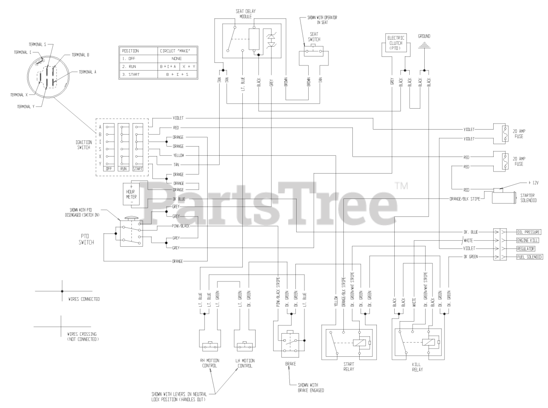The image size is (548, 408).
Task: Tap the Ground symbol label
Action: (424, 36)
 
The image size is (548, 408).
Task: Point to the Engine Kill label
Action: (527, 240)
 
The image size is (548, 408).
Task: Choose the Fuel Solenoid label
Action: (529, 257)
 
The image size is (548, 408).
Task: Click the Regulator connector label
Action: (527, 248)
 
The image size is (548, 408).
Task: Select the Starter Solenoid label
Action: (528, 198)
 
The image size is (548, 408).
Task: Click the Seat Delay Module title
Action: (243, 14)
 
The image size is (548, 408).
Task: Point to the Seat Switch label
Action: (315, 36)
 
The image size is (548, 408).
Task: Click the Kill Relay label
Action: (417, 367)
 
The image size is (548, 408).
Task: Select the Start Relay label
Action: (349, 367)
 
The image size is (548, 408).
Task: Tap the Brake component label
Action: (290, 364)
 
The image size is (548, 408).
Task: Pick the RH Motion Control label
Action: (209, 363)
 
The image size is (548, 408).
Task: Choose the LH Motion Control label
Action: (245, 363)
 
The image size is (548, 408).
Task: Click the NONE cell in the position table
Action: (176, 59)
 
